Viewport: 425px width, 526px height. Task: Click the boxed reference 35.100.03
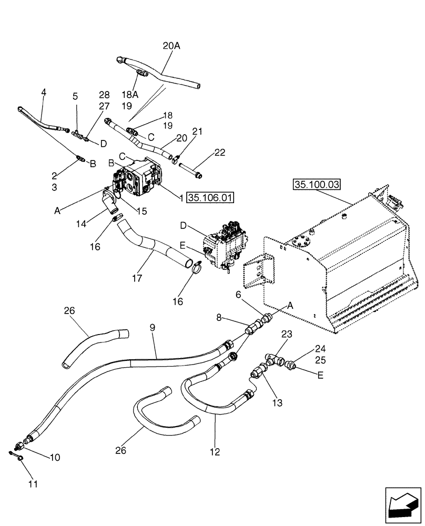pyautogui.click(x=317, y=185)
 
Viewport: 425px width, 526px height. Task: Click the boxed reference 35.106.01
pyautogui.click(x=209, y=198)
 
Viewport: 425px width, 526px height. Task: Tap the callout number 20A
pyautogui.click(x=171, y=46)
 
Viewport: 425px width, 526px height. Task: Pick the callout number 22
pyautogui.click(x=220, y=153)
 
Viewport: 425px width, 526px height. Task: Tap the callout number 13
pyautogui.click(x=277, y=403)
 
